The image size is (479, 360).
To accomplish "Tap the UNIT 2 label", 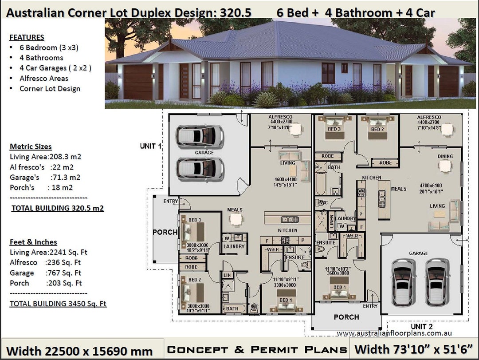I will click(421, 327).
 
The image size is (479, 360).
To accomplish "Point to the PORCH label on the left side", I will click(165, 232).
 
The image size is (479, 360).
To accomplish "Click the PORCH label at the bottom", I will click(346, 317).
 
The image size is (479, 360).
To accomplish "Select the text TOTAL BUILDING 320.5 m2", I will click(57, 208).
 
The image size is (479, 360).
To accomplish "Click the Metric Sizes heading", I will click(31, 146).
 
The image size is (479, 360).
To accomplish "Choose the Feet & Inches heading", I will click(33, 242).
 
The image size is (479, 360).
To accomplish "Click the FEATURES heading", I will click(27, 37).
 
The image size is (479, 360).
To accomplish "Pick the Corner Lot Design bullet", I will click(50, 88).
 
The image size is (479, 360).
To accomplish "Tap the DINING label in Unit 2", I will click(445, 156).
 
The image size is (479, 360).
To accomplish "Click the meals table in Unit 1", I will click(236, 219).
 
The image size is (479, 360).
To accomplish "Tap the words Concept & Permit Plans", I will click(257, 350).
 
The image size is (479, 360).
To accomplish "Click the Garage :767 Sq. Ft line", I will click(45, 273).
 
